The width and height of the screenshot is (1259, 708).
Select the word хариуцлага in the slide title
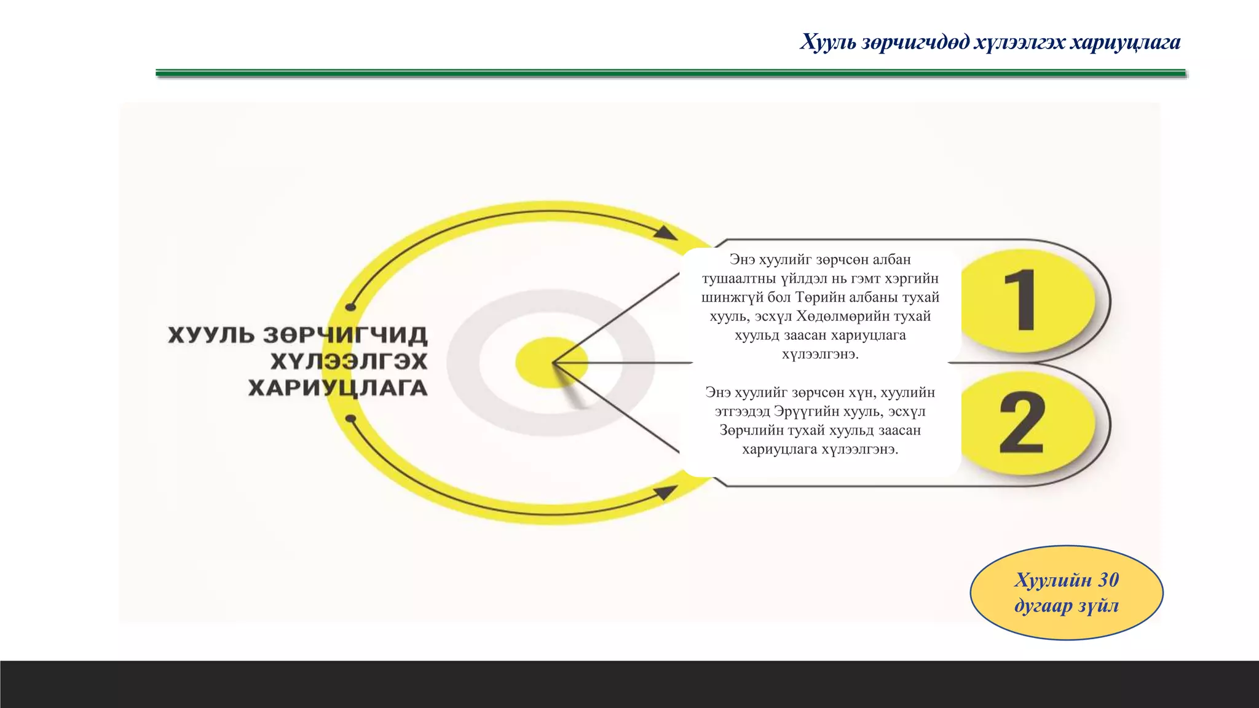click(1125, 42)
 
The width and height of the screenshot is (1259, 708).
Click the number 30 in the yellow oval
click(1108, 580)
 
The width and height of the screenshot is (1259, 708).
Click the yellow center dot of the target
click(551, 362)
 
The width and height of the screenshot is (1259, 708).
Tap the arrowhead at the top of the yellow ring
click(665, 232)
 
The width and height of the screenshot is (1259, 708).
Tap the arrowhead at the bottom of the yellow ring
click(665, 492)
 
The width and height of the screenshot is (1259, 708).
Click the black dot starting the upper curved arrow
click(350, 307)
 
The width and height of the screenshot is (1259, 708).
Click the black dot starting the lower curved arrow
click(350, 419)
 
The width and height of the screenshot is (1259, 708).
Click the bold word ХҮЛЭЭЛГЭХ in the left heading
click(349, 361)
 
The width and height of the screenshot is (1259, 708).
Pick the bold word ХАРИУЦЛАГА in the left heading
click(337, 388)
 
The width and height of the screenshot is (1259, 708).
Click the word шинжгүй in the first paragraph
click(732, 297)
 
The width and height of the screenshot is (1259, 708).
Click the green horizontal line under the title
click(670, 73)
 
